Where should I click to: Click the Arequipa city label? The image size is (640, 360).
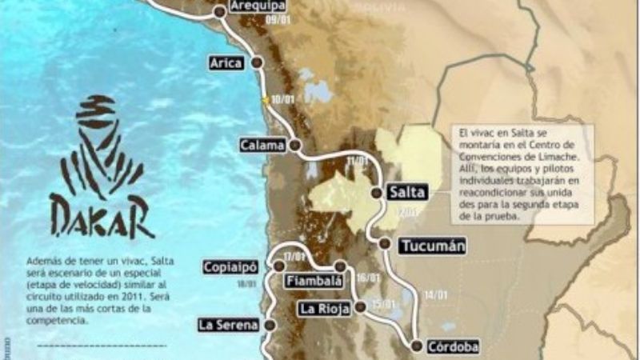point(258,6)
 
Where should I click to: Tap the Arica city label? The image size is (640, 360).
point(226,63)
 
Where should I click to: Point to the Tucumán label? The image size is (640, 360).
point(433,246)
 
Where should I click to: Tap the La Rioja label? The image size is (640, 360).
point(322,308)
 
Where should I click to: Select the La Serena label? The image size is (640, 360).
point(229,325)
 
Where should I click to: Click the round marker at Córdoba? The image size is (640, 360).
point(417,346)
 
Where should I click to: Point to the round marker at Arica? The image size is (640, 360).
point(257,62)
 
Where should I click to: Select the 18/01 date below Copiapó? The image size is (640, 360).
point(246,283)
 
